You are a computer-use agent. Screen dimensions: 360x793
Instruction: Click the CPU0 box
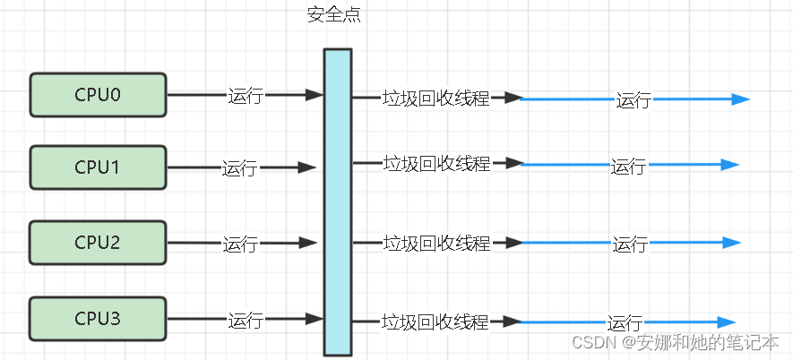98,95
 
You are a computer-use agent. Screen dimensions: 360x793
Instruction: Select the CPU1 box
98,167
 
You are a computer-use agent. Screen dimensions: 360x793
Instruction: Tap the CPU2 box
98,243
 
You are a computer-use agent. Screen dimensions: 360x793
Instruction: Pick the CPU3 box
98,319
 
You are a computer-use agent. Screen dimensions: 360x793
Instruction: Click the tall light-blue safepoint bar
337,201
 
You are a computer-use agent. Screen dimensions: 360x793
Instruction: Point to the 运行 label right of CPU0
246,96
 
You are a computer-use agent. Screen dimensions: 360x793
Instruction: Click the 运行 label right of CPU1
240,167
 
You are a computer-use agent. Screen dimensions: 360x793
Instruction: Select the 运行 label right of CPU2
240,244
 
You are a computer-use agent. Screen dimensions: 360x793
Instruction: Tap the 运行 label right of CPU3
246,320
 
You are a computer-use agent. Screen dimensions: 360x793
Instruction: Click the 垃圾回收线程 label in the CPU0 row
436,99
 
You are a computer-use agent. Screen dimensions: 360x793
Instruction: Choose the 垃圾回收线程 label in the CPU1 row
436,164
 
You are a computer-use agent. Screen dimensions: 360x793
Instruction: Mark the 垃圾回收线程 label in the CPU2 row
436,243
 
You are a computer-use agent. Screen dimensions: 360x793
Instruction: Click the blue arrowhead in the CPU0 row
740,99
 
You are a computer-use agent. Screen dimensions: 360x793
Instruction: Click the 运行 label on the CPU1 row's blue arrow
628,166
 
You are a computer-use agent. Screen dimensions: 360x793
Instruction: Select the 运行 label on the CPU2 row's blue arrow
630,244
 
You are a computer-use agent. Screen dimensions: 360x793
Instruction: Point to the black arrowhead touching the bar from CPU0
315,94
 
